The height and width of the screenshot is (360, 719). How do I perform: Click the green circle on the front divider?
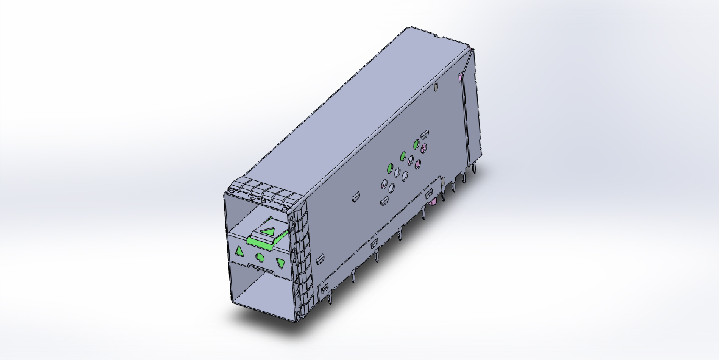[x=260, y=257]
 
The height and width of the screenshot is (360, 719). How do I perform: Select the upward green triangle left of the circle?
[x=239, y=251]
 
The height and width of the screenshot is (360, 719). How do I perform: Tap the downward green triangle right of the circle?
[x=281, y=263]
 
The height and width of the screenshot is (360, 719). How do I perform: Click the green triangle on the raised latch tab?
[x=269, y=231]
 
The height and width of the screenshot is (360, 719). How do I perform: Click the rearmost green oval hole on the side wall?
[x=417, y=144]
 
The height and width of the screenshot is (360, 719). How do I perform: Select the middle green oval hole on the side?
[x=403, y=156]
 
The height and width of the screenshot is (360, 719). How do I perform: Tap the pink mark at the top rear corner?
[x=460, y=77]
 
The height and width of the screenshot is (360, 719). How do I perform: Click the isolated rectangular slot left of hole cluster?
[x=353, y=197]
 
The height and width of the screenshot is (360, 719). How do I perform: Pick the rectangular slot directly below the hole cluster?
[x=384, y=201]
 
